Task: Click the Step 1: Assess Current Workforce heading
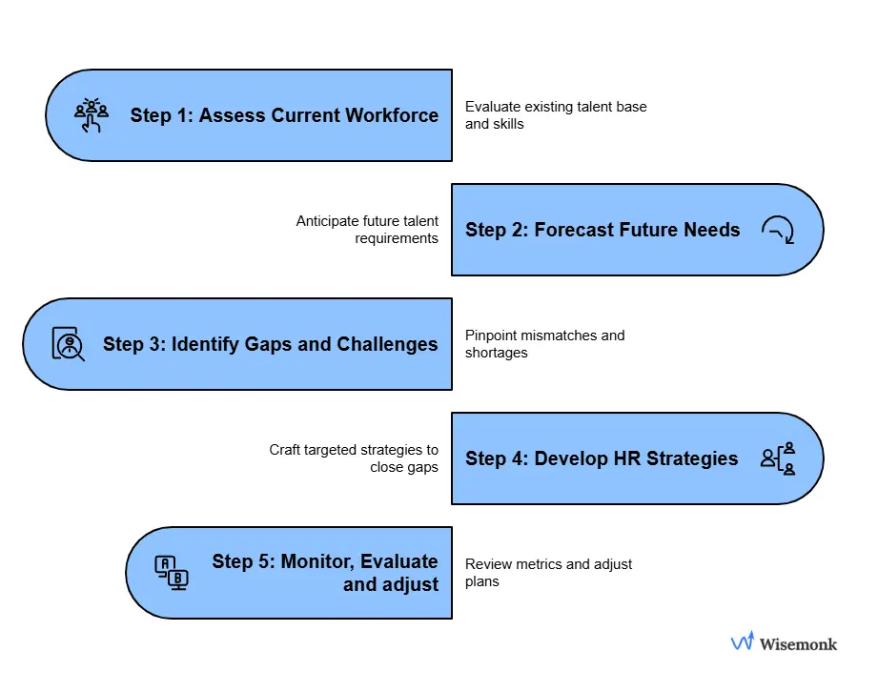coord(284,115)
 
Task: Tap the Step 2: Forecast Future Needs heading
coord(602,230)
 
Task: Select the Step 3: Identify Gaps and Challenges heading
coord(271,344)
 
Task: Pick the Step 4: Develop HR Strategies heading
coord(602,458)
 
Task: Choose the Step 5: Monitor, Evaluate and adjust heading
coord(325,572)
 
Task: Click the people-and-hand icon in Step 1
coord(92,115)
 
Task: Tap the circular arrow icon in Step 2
coord(778,230)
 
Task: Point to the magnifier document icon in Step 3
coord(68,344)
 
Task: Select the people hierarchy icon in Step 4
coord(778,458)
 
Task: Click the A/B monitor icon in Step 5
coord(172,572)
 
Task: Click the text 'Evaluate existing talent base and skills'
coord(556,115)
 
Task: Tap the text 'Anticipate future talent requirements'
coord(367,230)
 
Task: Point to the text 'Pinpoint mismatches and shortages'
coord(544,344)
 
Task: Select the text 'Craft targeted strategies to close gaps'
coord(354,458)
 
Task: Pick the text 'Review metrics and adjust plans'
coord(548,573)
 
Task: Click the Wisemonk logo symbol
coord(742,642)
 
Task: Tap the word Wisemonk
coord(798,644)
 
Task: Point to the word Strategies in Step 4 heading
coord(691,458)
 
